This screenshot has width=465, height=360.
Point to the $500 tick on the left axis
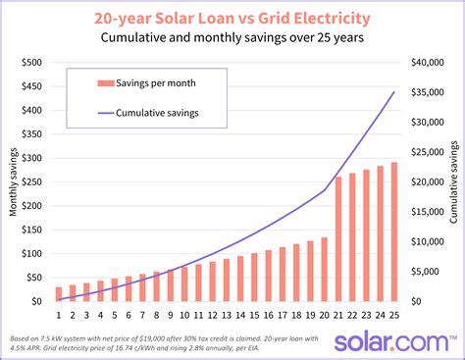29,63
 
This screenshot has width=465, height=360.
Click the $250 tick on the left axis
29,181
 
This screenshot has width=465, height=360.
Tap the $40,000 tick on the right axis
427,63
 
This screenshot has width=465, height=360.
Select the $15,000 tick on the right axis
427,212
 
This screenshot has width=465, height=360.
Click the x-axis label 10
185,316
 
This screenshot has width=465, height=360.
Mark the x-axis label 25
394,316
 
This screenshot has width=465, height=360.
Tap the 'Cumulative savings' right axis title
454,181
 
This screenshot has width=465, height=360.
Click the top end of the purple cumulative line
394,92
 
